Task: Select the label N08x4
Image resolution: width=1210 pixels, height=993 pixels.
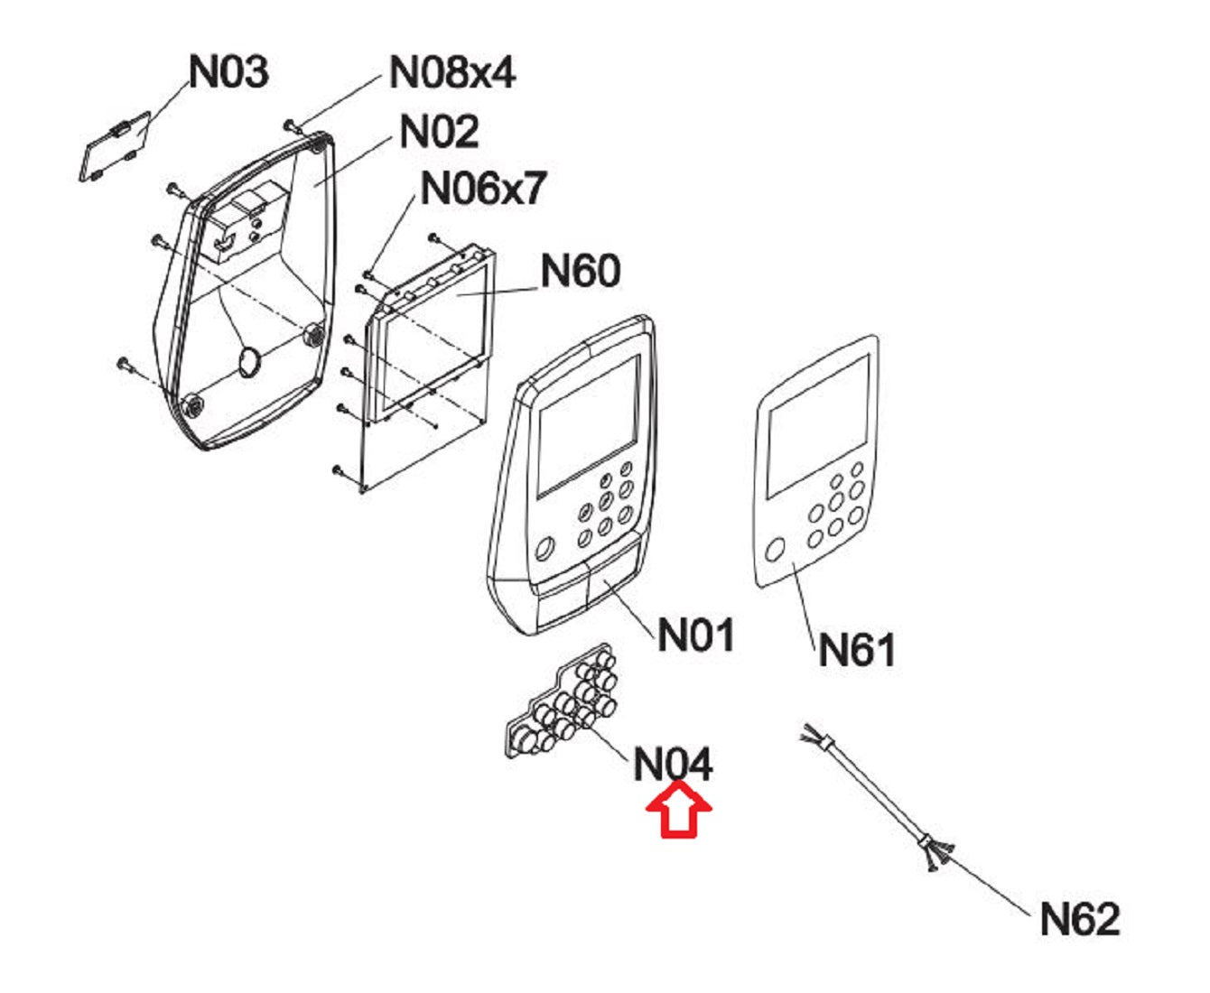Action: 451,71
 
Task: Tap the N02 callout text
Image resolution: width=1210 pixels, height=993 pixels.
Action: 439,132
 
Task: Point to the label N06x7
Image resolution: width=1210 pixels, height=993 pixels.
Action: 484,189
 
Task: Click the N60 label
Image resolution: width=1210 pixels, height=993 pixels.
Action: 581,270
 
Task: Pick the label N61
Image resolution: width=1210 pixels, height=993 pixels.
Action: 856,649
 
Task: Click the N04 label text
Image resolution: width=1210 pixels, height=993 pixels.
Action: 673,765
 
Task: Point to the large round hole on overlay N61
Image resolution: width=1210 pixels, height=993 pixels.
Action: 775,550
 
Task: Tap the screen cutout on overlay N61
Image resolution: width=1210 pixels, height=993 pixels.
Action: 816,424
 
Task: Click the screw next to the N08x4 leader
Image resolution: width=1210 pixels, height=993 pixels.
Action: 291,124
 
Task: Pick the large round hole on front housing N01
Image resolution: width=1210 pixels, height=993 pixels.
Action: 544,547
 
